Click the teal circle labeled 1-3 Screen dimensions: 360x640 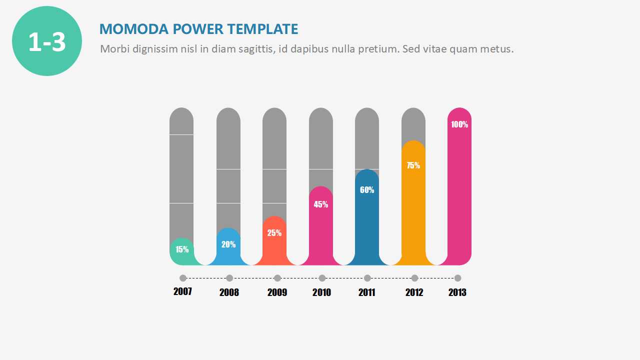pyautogui.click(x=47, y=41)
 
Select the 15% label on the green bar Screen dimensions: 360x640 pyautogui.click(x=182, y=249)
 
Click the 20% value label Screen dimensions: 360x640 pyautogui.click(x=228, y=244)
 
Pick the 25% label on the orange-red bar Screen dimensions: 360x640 pyautogui.click(x=274, y=233)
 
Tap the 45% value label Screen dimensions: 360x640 pyautogui.click(x=321, y=204)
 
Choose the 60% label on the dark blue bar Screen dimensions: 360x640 pyautogui.click(x=367, y=190)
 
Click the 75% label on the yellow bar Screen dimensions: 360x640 pyautogui.click(x=413, y=165)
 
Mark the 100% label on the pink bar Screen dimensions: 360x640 pyautogui.click(x=459, y=125)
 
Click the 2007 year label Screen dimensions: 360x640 pyautogui.click(x=182, y=291)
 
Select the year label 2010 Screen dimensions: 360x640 pyautogui.click(x=321, y=292)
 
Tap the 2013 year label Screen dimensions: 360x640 pyautogui.click(x=457, y=292)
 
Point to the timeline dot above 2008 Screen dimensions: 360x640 pyautogui.click(x=229, y=278)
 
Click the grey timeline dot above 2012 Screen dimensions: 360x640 pyautogui.click(x=414, y=278)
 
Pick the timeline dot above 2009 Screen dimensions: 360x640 pyautogui.click(x=277, y=278)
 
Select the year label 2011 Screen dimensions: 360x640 pyautogui.click(x=367, y=292)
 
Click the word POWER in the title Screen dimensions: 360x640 pyautogui.click(x=198, y=29)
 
